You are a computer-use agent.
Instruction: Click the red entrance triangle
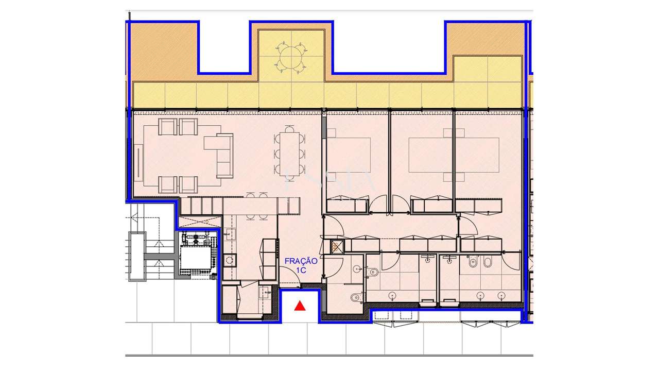click(x=300, y=307)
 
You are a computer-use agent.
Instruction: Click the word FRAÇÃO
click(x=301, y=261)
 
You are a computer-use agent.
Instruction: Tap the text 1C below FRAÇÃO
click(x=301, y=269)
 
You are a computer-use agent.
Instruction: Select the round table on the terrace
click(x=291, y=55)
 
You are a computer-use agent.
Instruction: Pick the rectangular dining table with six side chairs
click(x=289, y=154)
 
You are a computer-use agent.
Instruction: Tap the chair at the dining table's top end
click(x=289, y=129)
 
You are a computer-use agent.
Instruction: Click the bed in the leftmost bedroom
click(x=350, y=155)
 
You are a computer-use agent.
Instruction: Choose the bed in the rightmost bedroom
click(x=478, y=155)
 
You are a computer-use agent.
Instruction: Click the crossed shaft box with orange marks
click(x=337, y=247)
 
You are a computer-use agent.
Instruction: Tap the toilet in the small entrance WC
click(x=355, y=297)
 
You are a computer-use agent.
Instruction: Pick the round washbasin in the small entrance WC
click(x=357, y=269)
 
